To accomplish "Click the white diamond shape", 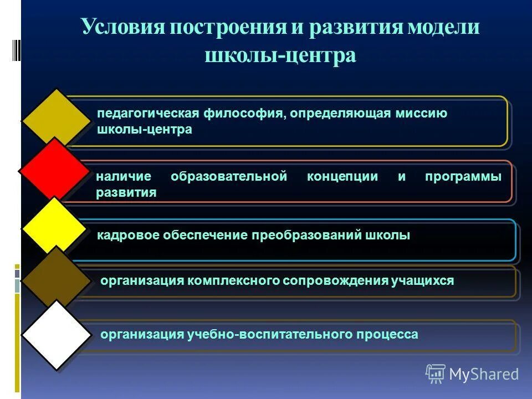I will pos(56,335).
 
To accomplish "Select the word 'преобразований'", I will pos(308,236).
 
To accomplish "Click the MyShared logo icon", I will pos(435,374).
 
